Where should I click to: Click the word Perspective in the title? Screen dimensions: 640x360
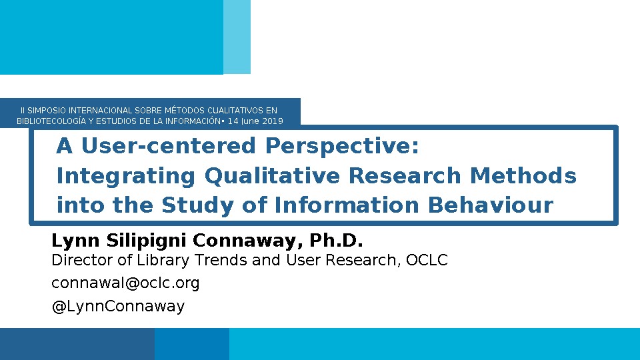pos(342,146)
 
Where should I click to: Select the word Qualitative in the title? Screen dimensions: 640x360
pos(272,176)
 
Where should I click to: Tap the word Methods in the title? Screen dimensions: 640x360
pos(523,175)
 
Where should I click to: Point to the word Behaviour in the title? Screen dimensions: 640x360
pos(491,205)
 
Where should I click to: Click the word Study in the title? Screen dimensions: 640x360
pos(197,205)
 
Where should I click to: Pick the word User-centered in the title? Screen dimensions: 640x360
pos(169,146)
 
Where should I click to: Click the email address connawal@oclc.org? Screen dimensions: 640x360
pos(125,283)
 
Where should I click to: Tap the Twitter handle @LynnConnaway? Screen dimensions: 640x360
pos(118,306)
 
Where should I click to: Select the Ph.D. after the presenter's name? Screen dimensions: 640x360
pos(336,241)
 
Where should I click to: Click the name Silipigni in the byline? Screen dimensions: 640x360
pos(146,241)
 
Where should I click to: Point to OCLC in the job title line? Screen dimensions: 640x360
pos(427,260)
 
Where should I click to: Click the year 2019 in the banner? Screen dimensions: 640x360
pos(272,121)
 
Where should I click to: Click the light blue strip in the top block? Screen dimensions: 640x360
pos(237,37)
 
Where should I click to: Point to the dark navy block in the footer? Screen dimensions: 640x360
pos(77,344)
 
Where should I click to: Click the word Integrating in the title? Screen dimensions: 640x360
pos(126,176)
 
